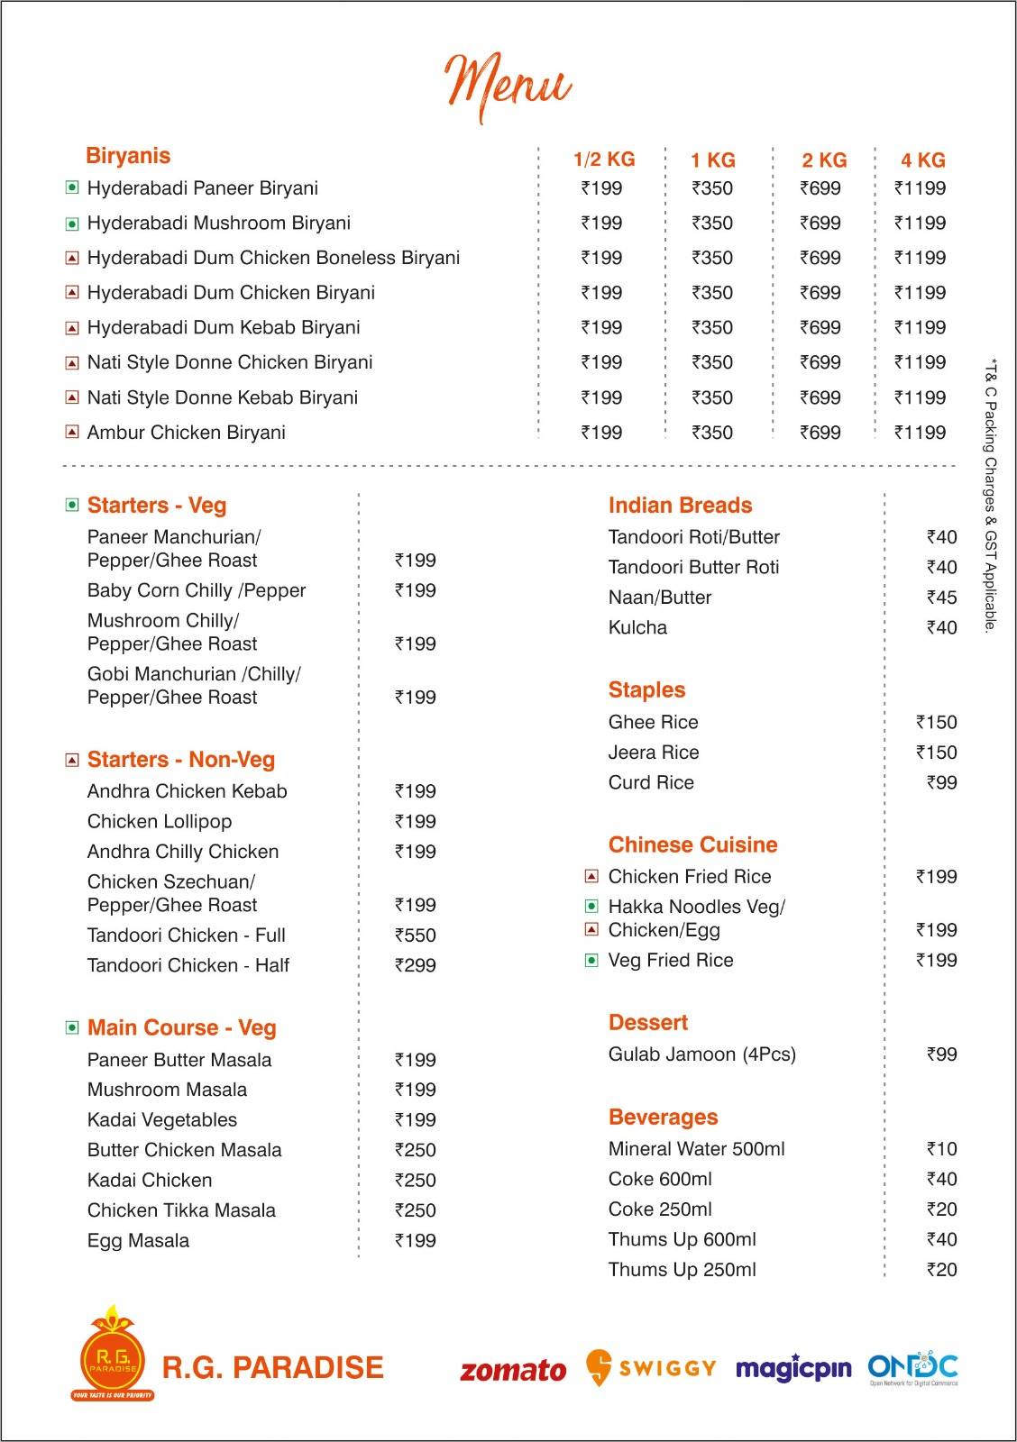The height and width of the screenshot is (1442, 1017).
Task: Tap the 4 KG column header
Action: [922, 160]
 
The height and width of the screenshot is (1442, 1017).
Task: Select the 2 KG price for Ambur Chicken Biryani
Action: [820, 433]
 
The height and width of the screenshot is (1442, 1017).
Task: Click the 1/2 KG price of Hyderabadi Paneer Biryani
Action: [601, 188]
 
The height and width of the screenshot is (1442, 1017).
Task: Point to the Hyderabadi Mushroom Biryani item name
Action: [218, 224]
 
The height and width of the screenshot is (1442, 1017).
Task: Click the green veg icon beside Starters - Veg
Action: [72, 505]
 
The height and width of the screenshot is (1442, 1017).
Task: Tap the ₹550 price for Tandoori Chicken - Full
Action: [415, 935]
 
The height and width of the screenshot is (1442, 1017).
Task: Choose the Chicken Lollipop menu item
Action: [160, 822]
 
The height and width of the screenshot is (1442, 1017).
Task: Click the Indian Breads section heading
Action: [680, 506]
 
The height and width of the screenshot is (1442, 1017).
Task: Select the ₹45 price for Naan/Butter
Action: [941, 598]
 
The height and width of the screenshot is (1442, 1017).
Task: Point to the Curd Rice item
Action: [651, 783]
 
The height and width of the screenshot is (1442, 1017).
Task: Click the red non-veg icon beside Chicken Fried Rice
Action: [591, 876]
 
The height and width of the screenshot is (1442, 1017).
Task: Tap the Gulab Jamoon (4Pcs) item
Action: [701, 1054]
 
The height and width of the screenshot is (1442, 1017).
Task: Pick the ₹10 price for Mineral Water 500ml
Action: [941, 1149]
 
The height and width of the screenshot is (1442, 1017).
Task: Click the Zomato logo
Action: [513, 1371]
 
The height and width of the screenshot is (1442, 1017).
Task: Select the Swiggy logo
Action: [650, 1368]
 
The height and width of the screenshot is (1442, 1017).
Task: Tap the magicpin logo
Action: [793, 1369]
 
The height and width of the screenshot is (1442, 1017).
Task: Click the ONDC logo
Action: [912, 1368]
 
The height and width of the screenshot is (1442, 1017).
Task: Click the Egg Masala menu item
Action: [138, 1241]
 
